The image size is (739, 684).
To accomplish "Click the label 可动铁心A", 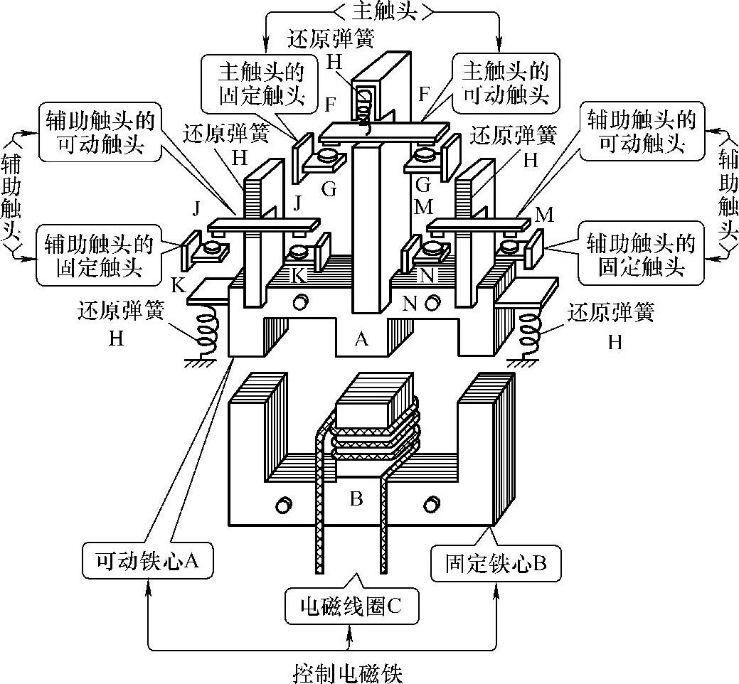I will (x=149, y=562).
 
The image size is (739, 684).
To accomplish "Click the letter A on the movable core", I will (x=361, y=340).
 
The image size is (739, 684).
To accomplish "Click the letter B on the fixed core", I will (x=356, y=498).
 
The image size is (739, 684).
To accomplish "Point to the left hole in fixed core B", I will (x=282, y=505).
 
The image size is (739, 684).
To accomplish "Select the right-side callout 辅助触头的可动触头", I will (x=638, y=132).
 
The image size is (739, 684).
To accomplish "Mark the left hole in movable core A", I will (x=299, y=302).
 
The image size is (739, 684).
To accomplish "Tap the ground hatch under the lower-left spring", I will (x=201, y=363).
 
